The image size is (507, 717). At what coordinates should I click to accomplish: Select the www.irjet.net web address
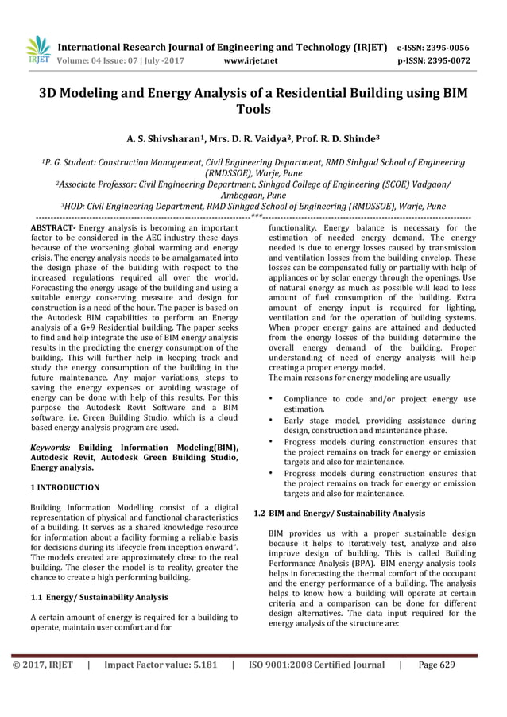251,60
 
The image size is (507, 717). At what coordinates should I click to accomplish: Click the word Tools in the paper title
253,110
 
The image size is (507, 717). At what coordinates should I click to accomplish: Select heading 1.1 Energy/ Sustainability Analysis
99,598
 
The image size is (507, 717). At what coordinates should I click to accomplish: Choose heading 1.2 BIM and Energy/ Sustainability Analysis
339,514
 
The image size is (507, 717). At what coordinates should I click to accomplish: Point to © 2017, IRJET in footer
43,665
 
